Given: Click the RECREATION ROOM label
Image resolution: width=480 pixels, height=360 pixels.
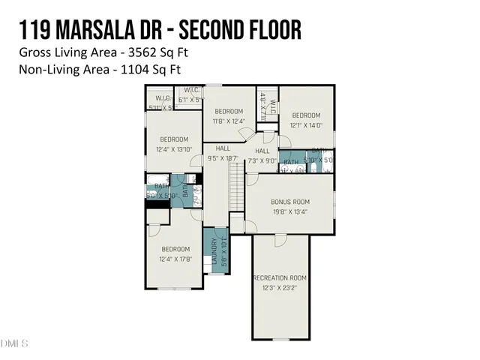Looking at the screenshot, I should (279, 277).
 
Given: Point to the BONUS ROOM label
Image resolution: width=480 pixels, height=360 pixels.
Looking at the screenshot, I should (289, 202).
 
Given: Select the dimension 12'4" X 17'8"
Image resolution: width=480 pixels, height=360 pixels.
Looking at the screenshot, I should (175, 259).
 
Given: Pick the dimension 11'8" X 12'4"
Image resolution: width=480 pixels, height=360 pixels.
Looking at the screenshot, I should (229, 121).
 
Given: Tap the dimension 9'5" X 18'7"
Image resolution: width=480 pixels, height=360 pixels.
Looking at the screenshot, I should (222, 158).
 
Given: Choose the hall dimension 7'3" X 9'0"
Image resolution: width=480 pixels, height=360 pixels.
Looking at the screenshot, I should (262, 160).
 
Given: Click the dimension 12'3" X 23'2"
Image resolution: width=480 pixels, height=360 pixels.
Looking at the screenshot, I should (280, 287).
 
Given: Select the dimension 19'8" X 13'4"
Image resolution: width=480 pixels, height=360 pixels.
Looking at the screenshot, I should (289, 211).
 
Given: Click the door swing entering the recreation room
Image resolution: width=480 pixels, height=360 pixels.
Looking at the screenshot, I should (279, 239).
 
